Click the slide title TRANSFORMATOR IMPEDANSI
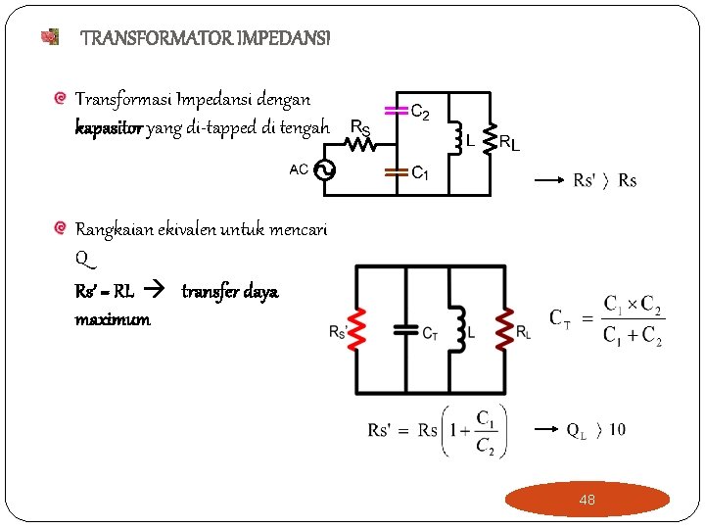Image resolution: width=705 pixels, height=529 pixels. [206, 38]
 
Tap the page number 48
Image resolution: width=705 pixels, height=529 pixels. [587, 500]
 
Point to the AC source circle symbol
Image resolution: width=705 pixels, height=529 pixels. [323, 170]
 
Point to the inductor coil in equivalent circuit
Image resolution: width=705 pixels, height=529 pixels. [455, 327]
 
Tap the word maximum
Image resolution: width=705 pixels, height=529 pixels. [113, 319]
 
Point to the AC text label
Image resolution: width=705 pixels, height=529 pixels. [300, 168]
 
